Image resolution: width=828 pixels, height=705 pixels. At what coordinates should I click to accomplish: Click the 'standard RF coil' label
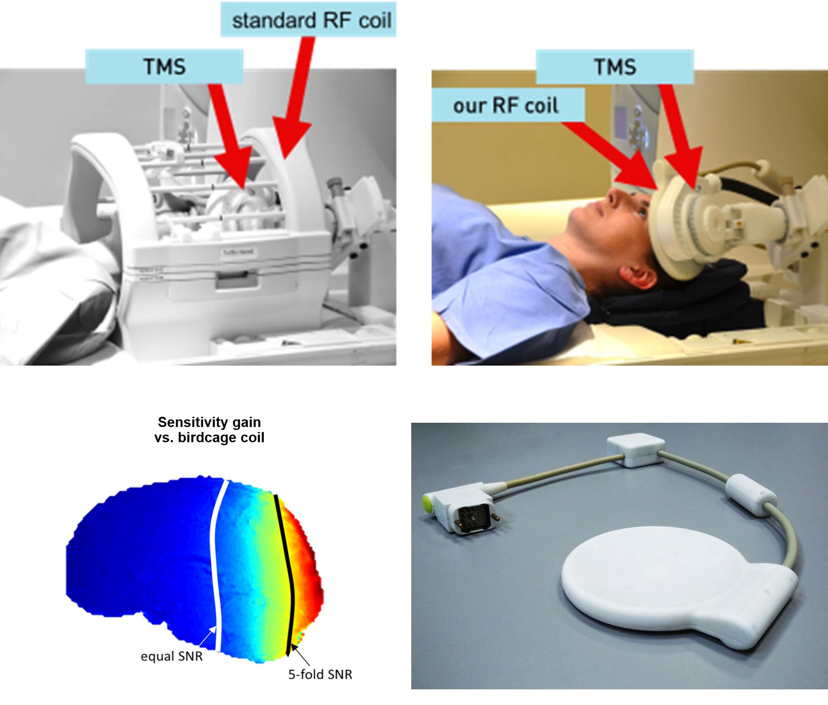tap(312, 20)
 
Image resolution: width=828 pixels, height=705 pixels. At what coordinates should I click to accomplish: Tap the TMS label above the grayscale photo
tap(164, 66)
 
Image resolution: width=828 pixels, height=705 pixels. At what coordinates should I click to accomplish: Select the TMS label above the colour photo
tap(615, 67)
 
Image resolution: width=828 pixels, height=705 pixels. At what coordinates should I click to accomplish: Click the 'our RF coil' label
tap(506, 105)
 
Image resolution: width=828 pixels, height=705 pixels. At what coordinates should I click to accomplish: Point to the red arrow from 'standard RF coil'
tap(294, 98)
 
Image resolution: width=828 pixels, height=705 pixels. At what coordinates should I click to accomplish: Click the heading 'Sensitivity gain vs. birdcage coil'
tap(209, 430)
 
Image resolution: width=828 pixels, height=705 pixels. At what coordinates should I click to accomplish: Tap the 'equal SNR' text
tap(171, 656)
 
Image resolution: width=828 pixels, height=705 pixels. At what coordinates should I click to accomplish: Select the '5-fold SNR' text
tap(320, 674)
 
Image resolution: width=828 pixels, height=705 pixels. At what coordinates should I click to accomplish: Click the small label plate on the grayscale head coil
tap(238, 253)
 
